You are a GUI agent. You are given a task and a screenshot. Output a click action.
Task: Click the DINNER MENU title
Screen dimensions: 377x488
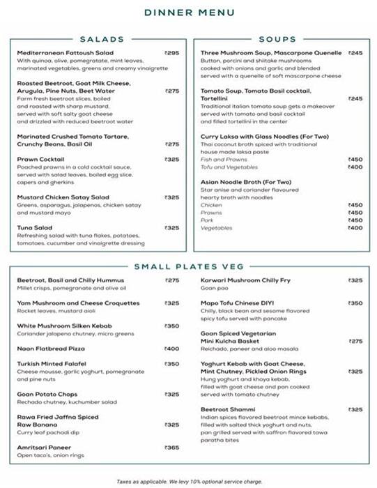coord(189,12)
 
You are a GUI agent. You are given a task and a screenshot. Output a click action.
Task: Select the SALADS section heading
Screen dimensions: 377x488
coord(102,40)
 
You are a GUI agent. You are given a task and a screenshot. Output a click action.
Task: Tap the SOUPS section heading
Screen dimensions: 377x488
coord(277,40)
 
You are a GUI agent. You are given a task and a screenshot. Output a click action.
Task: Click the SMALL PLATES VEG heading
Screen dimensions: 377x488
coord(188,266)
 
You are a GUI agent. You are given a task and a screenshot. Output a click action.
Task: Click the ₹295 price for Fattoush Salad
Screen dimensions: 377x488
coord(171,53)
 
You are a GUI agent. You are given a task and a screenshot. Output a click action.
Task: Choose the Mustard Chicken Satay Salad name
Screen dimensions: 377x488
coord(63,197)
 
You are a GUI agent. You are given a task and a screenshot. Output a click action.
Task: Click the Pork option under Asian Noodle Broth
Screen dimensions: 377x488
coord(207,220)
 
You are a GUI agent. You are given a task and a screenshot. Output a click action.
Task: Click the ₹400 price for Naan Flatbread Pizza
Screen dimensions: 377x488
coord(171,349)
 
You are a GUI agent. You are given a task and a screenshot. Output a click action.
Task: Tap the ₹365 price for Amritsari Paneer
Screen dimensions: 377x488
coord(171,448)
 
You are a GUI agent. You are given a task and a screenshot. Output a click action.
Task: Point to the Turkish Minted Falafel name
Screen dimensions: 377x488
coord(52,364)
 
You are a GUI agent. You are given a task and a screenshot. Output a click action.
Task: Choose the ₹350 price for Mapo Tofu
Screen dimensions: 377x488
coord(355,303)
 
